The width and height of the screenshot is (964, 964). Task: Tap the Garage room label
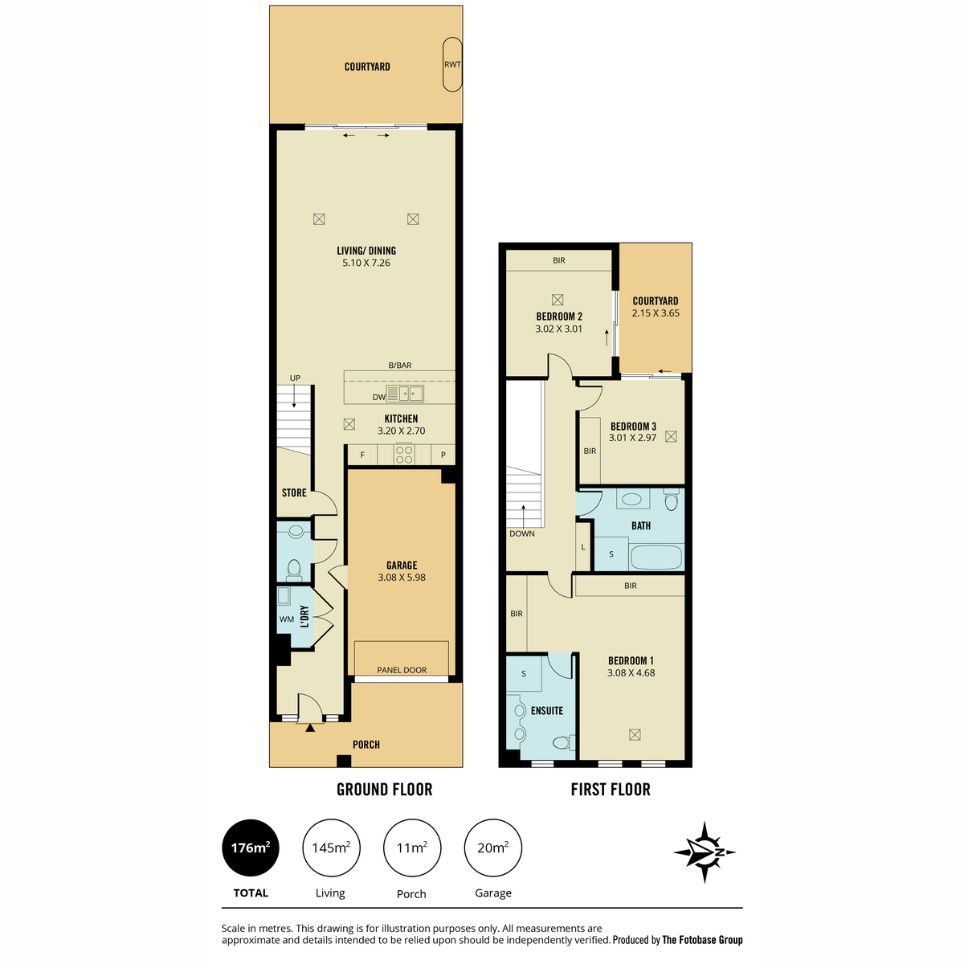(x=401, y=565)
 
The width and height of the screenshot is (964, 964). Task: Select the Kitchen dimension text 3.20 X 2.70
(x=401, y=431)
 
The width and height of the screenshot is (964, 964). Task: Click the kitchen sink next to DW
(x=405, y=394)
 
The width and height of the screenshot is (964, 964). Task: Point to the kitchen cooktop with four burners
(x=404, y=454)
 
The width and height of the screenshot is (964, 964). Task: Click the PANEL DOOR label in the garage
(x=401, y=670)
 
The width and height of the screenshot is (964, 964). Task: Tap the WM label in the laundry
(x=286, y=619)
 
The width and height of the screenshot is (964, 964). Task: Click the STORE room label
(x=294, y=492)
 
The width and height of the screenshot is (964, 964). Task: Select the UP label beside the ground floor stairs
(x=295, y=378)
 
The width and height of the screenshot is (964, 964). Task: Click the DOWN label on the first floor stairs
(x=522, y=533)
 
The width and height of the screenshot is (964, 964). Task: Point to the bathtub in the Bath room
(x=656, y=557)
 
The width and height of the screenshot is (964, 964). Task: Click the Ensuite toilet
(x=564, y=742)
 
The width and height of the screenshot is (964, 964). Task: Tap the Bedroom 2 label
(x=559, y=317)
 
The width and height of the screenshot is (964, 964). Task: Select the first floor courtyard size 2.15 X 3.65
(x=656, y=313)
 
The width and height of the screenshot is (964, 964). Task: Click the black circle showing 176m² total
(x=250, y=848)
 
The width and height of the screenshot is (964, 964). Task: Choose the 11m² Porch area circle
(x=412, y=848)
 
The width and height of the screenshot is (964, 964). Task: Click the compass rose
(x=705, y=852)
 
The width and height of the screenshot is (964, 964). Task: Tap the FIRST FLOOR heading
(x=611, y=790)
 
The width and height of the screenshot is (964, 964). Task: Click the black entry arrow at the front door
(x=310, y=728)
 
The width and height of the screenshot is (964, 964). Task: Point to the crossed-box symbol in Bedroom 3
(x=671, y=437)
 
